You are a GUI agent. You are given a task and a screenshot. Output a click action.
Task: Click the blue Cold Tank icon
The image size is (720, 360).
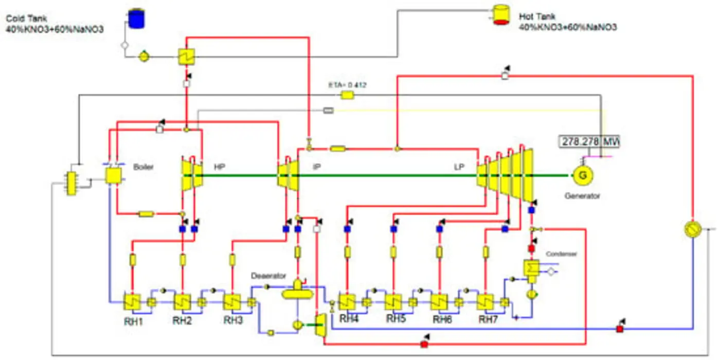(x=136, y=19)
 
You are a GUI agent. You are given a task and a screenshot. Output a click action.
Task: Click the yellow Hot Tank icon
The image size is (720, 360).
(x=500, y=15)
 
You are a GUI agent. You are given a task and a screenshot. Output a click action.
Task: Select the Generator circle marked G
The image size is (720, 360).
(x=583, y=176)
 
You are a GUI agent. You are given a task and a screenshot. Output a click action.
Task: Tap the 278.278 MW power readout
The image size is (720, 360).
(x=589, y=141)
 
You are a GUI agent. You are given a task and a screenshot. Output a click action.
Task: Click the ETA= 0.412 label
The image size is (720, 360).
(x=348, y=85)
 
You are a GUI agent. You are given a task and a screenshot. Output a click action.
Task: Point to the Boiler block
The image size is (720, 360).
(x=113, y=176)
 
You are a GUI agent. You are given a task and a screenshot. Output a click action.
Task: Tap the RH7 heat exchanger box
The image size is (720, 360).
(x=485, y=302)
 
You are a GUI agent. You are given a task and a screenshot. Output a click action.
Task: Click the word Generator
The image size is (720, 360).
(x=582, y=196)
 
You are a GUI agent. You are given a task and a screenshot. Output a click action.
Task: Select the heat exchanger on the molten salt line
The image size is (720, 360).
(x=186, y=57)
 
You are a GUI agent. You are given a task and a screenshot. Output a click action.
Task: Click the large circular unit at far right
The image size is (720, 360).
(x=693, y=229)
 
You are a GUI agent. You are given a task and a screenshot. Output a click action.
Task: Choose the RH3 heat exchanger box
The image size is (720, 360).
(x=232, y=302)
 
